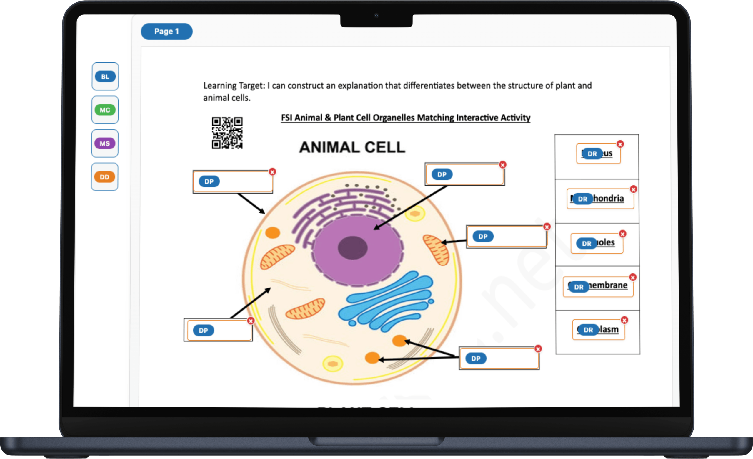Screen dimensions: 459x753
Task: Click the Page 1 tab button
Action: [166, 32]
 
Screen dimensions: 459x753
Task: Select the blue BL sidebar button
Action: [105, 77]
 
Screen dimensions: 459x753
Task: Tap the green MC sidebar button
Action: [105, 110]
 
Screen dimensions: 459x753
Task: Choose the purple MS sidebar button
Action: [104, 143]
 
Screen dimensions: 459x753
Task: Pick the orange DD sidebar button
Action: [104, 177]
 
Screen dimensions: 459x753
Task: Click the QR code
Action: [227, 133]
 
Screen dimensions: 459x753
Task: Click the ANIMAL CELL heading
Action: [352, 147]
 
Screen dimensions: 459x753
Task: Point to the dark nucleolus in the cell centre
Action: [353, 248]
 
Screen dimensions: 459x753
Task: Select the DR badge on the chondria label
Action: [582, 199]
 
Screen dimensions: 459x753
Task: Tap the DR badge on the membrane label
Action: [579, 287]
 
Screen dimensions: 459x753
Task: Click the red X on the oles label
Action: [622, 234]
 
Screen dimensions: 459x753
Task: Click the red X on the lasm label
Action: [624, 320]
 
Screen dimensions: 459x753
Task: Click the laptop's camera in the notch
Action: [376, 16]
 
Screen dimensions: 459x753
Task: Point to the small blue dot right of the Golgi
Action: [431, 301]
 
